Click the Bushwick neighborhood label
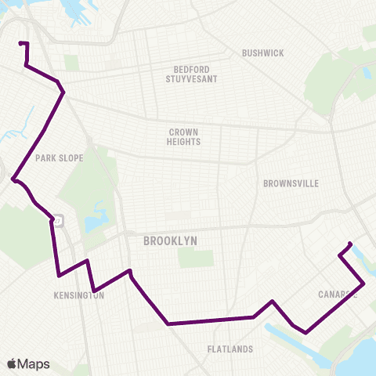click(x=263, y=53)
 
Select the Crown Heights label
click(x=184, y=137)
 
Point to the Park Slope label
click(x=59, y=157)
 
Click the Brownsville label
click(x=291, y=183)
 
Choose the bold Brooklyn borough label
click(x=169, y=242)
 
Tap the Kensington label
click(x=79, y=296)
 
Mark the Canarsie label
click(x=338, y=295)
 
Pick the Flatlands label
click(x=230, y=349)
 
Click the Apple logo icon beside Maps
click(x=12, y=363)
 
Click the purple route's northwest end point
click(x=20, y=43)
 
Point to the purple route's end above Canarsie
click(x=350, y=242)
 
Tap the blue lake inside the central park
click(x=96, y=219)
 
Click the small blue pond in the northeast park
click(x=367, y=72)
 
